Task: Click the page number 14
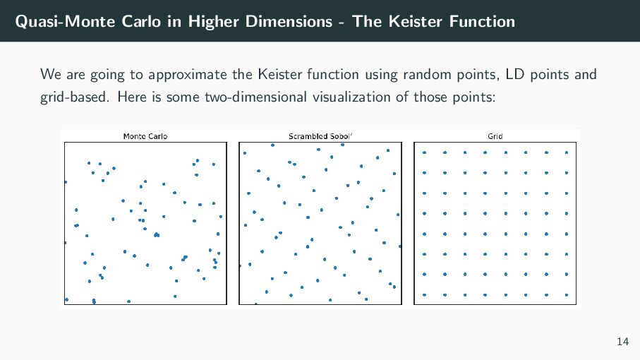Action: coord(622,342)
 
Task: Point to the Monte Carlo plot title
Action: coord(145,136)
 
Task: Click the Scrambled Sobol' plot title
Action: coord(320,136)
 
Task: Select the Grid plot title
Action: coord(495,136)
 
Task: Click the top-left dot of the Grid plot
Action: coord(424,152)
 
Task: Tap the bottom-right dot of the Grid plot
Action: coord(567,294)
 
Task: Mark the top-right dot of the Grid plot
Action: coord(567,152)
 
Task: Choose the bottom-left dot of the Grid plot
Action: coord(424,294)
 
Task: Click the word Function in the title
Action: coord(483,21)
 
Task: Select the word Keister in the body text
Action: coord(281,74)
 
